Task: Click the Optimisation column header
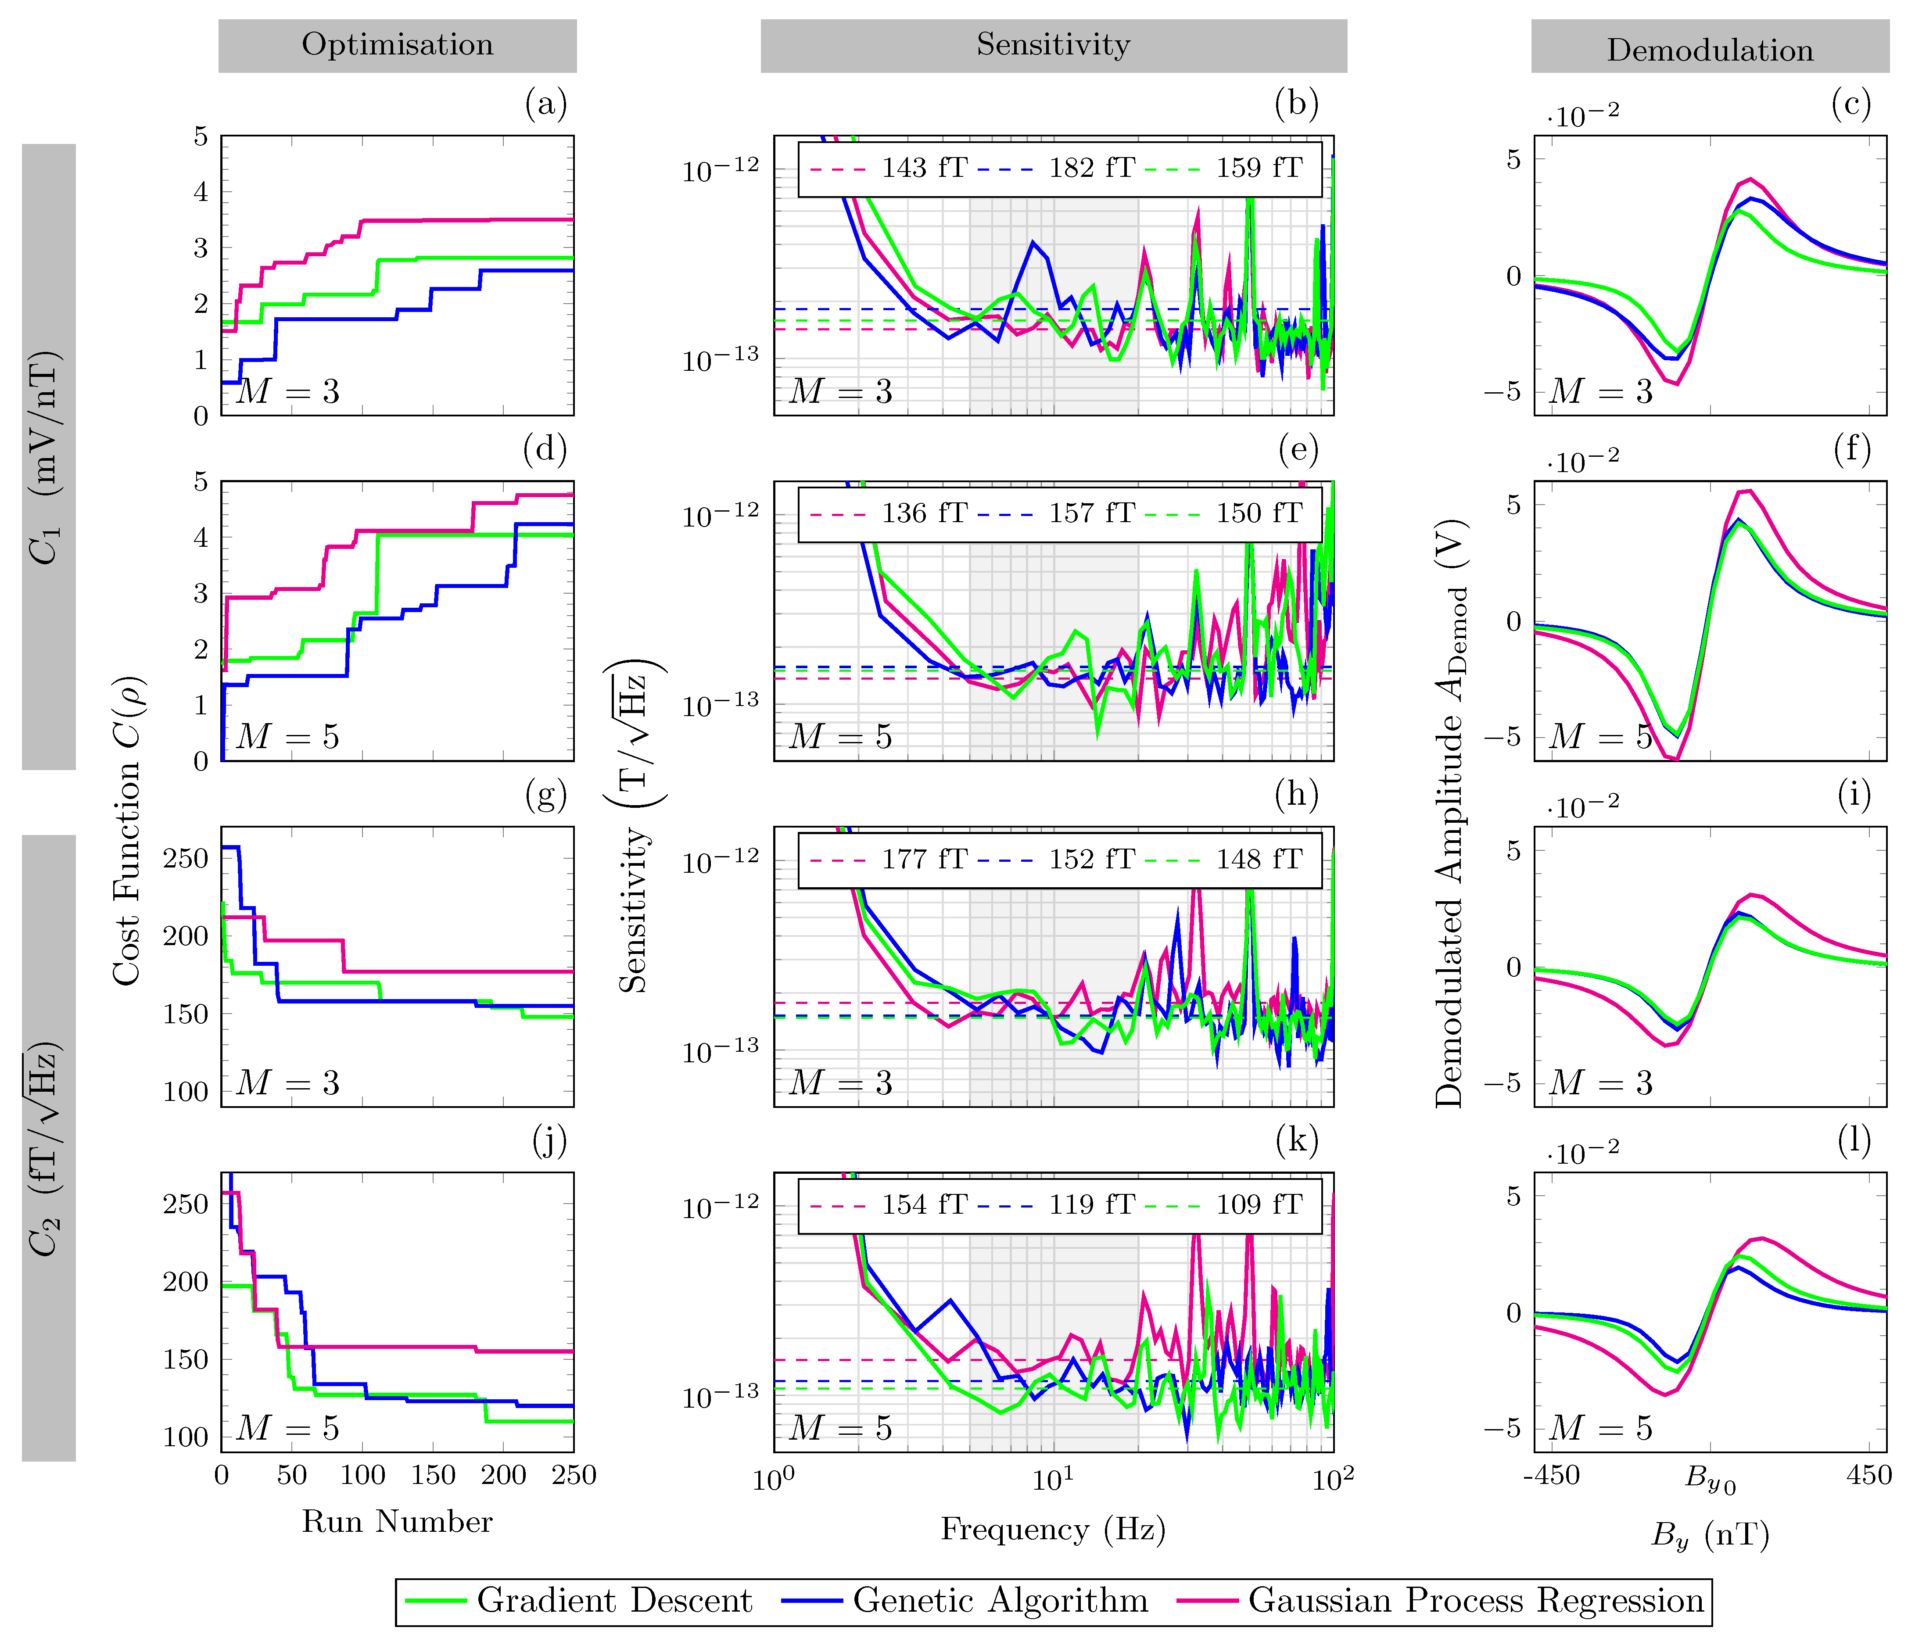tap(398, 45)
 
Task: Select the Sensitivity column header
tap(1054, 45)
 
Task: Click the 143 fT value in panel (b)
tap(924, 168)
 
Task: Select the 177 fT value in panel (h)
tap(924, 860)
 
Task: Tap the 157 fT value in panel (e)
tap(1091, 513)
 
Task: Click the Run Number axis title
tap(398, 1521)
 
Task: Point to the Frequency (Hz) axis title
tap(1054, 1530)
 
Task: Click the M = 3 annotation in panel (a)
tap(288, 392)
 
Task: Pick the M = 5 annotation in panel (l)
tap(1602, 1429)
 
